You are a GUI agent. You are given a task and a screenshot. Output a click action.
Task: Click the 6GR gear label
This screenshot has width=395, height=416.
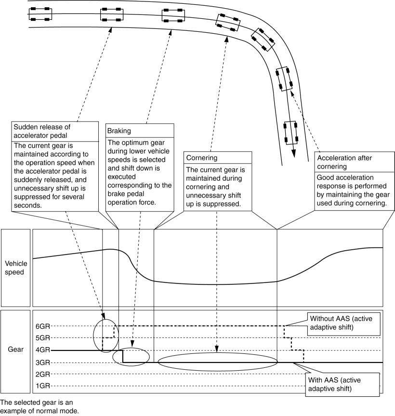(x=43, y=326)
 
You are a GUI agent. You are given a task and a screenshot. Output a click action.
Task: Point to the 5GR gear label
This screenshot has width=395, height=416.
(x=43, y=338)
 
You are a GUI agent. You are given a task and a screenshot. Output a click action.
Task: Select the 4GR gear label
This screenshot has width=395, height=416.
(x=43, y=350)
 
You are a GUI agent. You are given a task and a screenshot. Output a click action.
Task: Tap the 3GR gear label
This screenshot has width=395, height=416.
(x=43, y=362)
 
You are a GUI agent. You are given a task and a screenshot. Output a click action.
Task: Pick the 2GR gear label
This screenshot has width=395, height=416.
(x=43, y=374)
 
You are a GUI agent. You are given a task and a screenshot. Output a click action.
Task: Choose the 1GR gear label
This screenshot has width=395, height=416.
(x=43, y=386)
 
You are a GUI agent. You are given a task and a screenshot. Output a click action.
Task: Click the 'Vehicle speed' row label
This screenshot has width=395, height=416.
(x=16, y=268)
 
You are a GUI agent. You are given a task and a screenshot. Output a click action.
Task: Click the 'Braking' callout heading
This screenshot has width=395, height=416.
(x=119, y=130)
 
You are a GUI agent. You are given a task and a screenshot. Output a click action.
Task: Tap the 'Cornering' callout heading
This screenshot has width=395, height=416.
(x=200, y=158)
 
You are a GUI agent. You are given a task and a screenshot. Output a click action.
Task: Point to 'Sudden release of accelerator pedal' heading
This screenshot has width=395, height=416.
(x=41, y=131)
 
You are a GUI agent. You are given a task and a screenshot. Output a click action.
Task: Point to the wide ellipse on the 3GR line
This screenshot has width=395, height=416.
(x=218, y=363)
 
